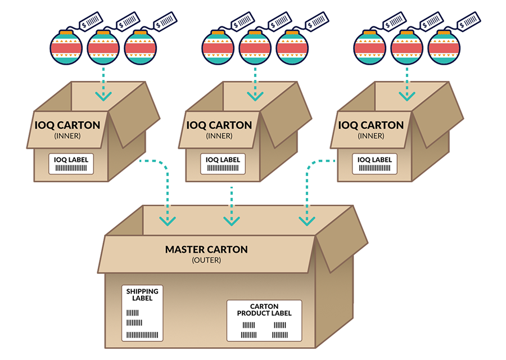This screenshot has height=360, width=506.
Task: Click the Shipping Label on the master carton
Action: [x=142, y=313]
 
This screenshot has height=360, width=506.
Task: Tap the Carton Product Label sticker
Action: [x=264, y=320]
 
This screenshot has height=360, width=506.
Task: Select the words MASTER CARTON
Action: [x=206, y=249]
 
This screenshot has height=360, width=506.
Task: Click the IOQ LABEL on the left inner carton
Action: [x=71, y=163]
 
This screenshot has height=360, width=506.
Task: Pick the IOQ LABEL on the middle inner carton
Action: [x=223, y=163]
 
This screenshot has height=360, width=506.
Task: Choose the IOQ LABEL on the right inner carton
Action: [x=375, y=163]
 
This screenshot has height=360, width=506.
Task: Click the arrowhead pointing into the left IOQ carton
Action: [x=103, y=96]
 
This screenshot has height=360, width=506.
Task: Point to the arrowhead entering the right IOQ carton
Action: [x=407, y=96]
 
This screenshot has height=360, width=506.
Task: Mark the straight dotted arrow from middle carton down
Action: [x=231, y=205]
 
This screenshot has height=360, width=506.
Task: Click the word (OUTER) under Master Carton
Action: [x=206, y=260]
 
